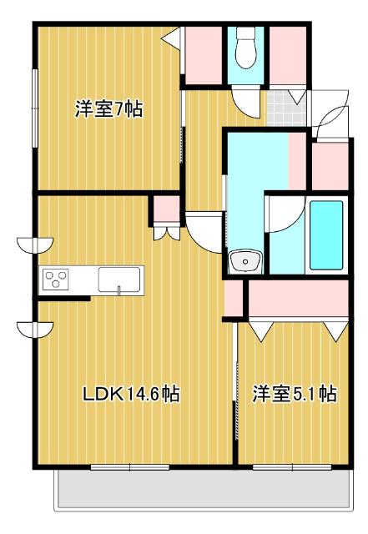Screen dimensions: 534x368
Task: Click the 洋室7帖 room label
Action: coord(108,109)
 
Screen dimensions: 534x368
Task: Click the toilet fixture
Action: coord(246,50)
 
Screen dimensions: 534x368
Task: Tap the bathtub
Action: coord(326,235)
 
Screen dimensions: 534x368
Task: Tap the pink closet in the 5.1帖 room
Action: coord(297,300)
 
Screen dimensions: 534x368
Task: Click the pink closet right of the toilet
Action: coord(288,55)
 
